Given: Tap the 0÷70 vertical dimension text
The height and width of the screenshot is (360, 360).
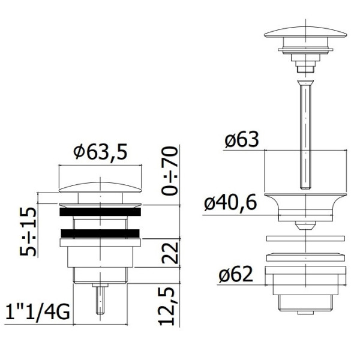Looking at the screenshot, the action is click(x=170, y=171).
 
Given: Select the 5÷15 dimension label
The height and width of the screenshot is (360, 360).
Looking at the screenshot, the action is click(x=28, y=232).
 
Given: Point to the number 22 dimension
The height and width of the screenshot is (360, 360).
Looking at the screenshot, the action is click(x=170, y=253).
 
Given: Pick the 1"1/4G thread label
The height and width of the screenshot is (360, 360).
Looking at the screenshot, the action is click(x=37, y=312).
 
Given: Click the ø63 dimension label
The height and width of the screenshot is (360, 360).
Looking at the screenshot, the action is click(x=242, y=140).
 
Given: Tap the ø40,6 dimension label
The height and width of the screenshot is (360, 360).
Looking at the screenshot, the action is click(x=230, y=203).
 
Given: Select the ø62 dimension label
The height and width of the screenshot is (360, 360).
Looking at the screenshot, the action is click(x=236, y=274).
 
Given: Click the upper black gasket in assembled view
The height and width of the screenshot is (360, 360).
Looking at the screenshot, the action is click(x=100, y=212).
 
